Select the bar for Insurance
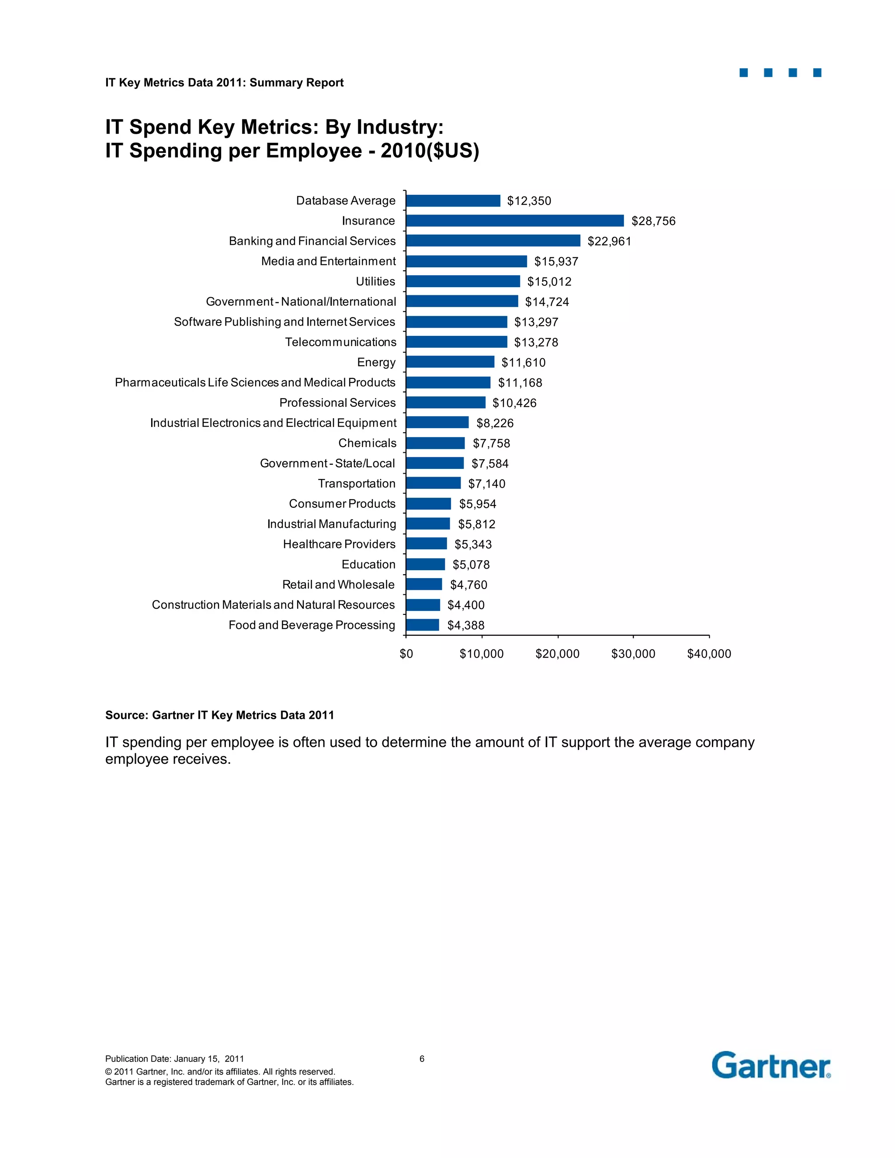click(x=514, y=221)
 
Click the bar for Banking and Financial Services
click(x=493, y=241)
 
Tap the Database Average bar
click(x=453, y=201)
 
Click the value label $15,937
click(x=556, y=261)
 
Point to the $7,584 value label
click(x=489, y=463)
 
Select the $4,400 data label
click(x=465, y=605)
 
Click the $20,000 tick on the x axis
click(x=557, y=654)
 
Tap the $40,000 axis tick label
click(x=709, y=654)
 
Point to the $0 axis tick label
click(x=406, y=654)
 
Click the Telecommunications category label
click(x=340, y=342)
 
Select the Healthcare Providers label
click(x=339, y=544)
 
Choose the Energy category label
click(x=376, y=362)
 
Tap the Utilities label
click(x=375, y=281)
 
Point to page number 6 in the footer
click(x=422, y=1059)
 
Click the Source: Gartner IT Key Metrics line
click(x=219, y=715)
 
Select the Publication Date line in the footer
click(x=174, y=1059)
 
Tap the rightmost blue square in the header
click(x=817, y=73)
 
